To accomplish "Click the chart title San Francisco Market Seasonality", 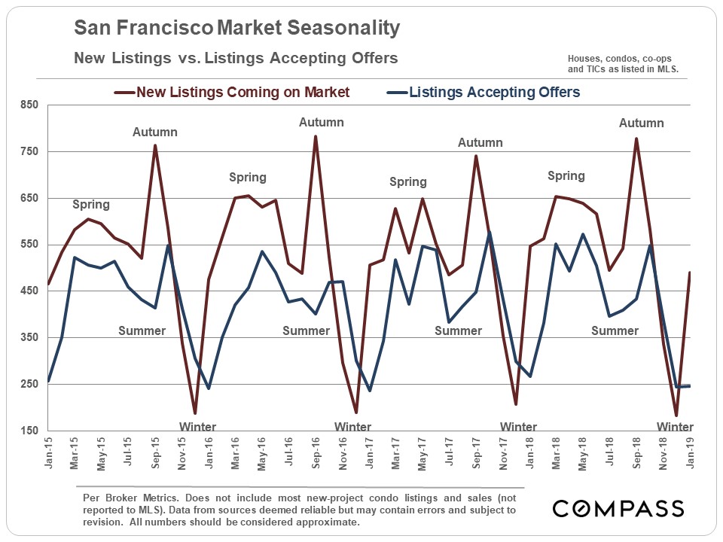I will tap(236, 29).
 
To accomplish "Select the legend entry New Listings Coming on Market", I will tap(232, 93).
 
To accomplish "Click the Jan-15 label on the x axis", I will tap(49, 455).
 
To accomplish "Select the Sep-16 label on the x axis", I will tap(316, 455).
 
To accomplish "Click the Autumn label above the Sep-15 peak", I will tap(155, 132).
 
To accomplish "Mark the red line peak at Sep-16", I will tap(316, 136).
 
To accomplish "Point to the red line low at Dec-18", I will tap(676, 416).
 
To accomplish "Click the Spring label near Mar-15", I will tap(91, 204).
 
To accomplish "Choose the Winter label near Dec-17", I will tap(519, 427).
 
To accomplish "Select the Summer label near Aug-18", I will tap(615, 330).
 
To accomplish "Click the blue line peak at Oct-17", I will tap(490, 233).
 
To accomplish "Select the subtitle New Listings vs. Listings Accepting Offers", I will tap(235, 58).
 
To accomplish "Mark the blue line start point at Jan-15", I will tap(49, 382).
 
